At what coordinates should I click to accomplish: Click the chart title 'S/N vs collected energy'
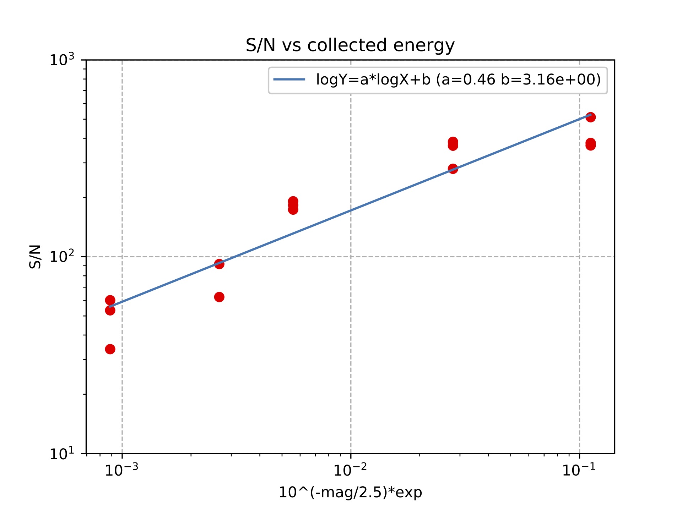tap(350, 45)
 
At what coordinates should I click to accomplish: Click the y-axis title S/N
tap(36, 257)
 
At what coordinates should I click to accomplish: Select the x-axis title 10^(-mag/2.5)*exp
tap(350, 492)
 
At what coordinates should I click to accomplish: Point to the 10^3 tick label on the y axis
tap(62, 60)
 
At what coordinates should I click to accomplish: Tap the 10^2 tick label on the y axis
tap(62, 256)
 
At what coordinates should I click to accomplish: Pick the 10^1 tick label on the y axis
tap(62, 453)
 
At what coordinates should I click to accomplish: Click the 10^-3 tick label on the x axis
tap(122, 470)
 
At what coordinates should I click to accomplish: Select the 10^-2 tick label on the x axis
tap(350, 470)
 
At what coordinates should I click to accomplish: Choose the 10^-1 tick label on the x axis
tap(579, 470)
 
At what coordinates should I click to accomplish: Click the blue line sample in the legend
tap(289, 79)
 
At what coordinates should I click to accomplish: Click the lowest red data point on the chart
tap(110, 349)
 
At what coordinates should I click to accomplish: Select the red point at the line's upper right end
tap(590, 117)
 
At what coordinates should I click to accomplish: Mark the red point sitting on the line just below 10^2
tap(219, 264)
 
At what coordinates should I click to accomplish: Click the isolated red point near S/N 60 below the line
tap(219, 297)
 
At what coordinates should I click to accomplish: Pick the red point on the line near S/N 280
tap(453, 169)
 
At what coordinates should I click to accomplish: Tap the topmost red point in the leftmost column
tap(110, 300)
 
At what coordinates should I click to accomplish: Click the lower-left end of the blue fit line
tap(110, 307)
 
